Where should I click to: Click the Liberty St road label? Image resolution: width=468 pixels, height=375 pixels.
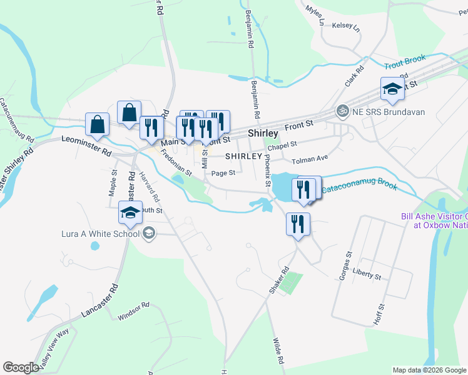367,275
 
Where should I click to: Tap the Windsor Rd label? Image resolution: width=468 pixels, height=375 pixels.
133,312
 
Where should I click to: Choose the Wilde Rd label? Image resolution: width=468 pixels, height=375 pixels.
277,351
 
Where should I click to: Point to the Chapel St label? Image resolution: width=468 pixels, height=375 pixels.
282,144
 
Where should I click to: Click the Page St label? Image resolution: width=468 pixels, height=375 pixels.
223,173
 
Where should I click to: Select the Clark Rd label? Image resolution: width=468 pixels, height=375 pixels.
354,77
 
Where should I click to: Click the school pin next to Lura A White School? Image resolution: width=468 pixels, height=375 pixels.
130,214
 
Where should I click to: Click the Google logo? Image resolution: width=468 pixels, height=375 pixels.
21,367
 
